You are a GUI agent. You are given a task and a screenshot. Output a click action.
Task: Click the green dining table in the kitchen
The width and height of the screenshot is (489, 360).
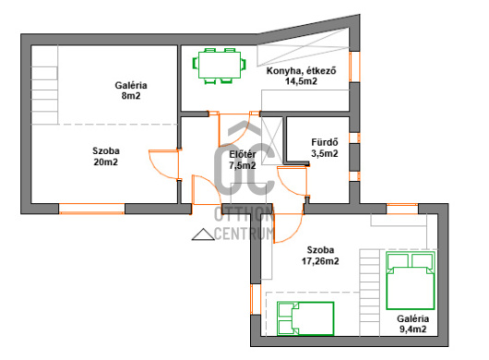(220, 65)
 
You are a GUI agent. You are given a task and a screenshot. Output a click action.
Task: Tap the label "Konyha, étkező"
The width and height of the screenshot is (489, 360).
(302, 71)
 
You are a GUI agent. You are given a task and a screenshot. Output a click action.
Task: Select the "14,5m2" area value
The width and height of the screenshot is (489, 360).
(302, 81)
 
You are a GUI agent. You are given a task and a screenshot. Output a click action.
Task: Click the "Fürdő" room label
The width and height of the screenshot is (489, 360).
(325, 142)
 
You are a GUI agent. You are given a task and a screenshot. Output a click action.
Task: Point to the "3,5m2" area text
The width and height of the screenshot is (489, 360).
(325, 153)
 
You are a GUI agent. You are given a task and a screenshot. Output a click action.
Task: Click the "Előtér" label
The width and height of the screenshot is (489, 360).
(243, 154)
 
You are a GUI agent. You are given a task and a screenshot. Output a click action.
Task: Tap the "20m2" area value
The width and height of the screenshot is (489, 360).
(106, 162)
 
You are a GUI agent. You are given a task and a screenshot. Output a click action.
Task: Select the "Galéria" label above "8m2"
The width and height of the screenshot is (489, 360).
(131, 85)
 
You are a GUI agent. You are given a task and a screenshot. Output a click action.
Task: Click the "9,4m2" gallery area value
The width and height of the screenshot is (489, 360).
(413, 330)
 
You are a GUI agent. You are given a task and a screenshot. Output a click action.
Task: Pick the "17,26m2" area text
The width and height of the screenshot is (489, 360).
(320, 261)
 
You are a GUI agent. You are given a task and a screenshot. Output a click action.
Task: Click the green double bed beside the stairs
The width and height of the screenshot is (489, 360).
(411, 281)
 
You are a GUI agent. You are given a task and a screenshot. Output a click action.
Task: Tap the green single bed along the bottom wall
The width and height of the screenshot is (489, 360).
(305, 318)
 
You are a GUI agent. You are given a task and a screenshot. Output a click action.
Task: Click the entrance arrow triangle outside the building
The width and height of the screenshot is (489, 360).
(203, 234)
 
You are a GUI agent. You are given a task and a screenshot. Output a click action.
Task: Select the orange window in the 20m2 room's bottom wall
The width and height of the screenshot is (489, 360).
(91, 209)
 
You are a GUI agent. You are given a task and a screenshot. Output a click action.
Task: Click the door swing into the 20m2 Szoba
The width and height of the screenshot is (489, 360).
(164, 164)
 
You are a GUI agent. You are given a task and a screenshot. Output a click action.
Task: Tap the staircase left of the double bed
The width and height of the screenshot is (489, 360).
(370, 293)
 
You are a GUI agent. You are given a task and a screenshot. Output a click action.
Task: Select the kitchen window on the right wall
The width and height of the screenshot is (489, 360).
(354, 66)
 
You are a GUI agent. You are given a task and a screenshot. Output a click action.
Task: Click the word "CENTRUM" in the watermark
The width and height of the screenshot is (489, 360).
(244, 234)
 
